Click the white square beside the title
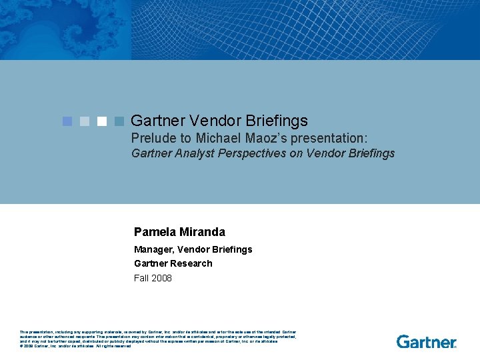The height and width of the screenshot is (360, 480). (x=102, y=121)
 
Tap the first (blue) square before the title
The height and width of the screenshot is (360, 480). (x=67, y=121)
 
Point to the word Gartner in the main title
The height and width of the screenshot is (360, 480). (x=158, y=121)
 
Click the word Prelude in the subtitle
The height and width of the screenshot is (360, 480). (x=153, y=138)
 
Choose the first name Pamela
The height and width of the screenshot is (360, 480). (x=155, y=232)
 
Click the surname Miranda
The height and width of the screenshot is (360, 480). (x=202, y=232)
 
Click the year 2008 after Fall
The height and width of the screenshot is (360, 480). (x=161, y=278)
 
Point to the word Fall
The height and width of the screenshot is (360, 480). (x=141, y=278)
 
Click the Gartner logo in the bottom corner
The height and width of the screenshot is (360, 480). (x=427, y=341)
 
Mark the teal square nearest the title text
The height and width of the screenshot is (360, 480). (x=119, y=121)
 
